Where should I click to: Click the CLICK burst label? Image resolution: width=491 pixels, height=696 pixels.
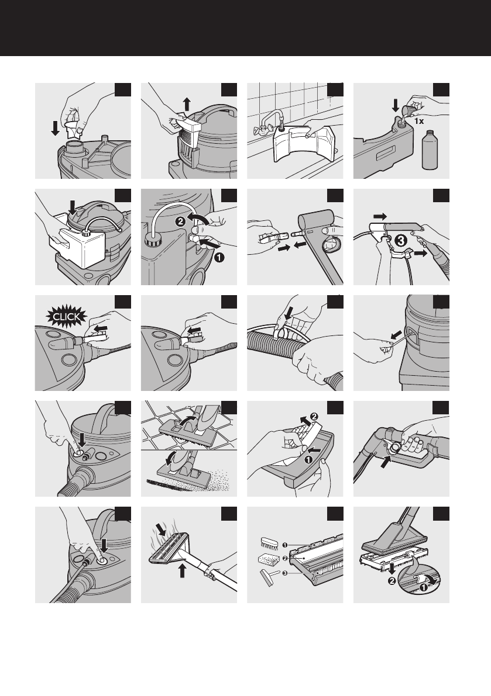67,317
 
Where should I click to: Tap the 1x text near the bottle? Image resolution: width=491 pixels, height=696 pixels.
420,121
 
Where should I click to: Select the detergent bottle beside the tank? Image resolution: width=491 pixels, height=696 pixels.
429,150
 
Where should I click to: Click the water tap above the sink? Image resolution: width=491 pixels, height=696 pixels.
269,123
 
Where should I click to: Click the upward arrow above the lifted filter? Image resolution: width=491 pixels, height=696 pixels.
187,105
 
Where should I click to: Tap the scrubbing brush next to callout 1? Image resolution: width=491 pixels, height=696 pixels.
270,543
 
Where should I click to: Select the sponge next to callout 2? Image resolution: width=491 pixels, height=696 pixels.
269,559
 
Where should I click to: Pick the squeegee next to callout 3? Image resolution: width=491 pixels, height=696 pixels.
269,577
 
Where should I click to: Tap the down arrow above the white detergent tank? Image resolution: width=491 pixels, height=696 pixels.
72,207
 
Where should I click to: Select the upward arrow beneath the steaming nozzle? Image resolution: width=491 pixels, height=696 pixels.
182,570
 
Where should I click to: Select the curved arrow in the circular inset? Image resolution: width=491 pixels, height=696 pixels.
431,579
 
